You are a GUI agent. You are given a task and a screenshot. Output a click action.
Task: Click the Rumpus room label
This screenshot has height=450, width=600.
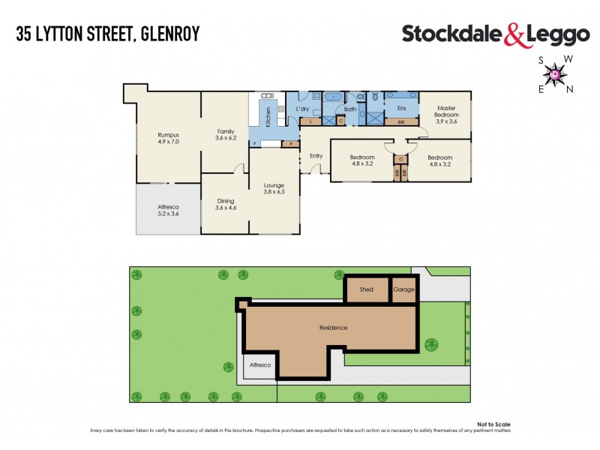168,137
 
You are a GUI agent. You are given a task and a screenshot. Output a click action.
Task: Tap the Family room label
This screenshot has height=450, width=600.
226,133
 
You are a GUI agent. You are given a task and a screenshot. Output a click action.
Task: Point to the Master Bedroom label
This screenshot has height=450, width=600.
447,115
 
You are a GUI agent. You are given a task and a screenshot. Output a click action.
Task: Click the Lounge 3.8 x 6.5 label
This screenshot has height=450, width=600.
273,188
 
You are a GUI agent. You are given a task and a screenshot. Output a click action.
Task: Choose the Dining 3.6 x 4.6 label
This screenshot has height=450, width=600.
226,204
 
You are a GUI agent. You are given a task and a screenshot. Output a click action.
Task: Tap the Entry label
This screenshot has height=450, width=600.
316,156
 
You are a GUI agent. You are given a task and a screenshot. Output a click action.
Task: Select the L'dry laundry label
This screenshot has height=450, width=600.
303,109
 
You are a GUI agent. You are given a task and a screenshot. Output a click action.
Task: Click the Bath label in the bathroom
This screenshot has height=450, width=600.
350,109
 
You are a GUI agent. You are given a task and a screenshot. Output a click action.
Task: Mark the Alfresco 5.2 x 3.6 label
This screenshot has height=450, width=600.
168,211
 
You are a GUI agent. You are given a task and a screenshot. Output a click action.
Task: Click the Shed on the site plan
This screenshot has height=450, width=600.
367,289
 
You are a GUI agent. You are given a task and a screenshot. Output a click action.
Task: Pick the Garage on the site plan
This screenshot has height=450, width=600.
404,289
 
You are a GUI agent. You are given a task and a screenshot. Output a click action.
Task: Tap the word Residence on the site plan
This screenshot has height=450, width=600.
332,328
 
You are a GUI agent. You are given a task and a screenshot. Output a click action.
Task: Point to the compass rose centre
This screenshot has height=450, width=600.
554,73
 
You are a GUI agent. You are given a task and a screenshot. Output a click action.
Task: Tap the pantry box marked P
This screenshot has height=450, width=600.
290,143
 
